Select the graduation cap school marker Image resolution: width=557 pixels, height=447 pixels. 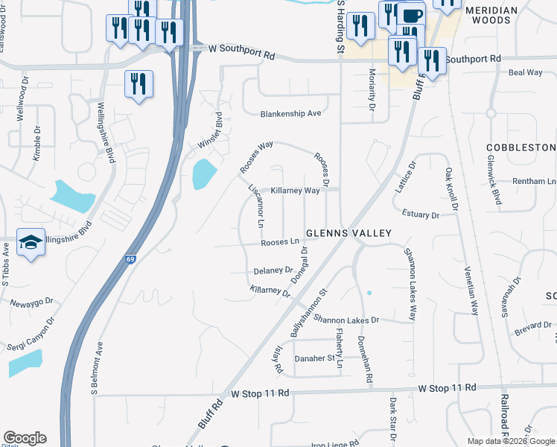point(31,243)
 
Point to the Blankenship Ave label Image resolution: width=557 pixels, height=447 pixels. point(290,114)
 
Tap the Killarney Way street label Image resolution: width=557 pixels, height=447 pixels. point(295,191)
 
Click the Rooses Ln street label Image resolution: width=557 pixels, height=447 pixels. point(279,242)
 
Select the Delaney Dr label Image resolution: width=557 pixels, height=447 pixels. point(273,270)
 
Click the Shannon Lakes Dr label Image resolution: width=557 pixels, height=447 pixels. point(346,320)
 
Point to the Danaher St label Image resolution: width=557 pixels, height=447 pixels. point(316,358)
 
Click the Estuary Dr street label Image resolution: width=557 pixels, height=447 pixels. point(421,215)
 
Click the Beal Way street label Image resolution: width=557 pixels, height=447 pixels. point(525,72)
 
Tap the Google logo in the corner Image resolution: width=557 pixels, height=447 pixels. point(25,438)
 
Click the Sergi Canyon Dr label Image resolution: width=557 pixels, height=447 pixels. point(33,335)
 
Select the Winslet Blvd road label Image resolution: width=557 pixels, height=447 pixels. point(210,130)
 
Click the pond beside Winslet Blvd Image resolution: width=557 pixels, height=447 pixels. point(203,174)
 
